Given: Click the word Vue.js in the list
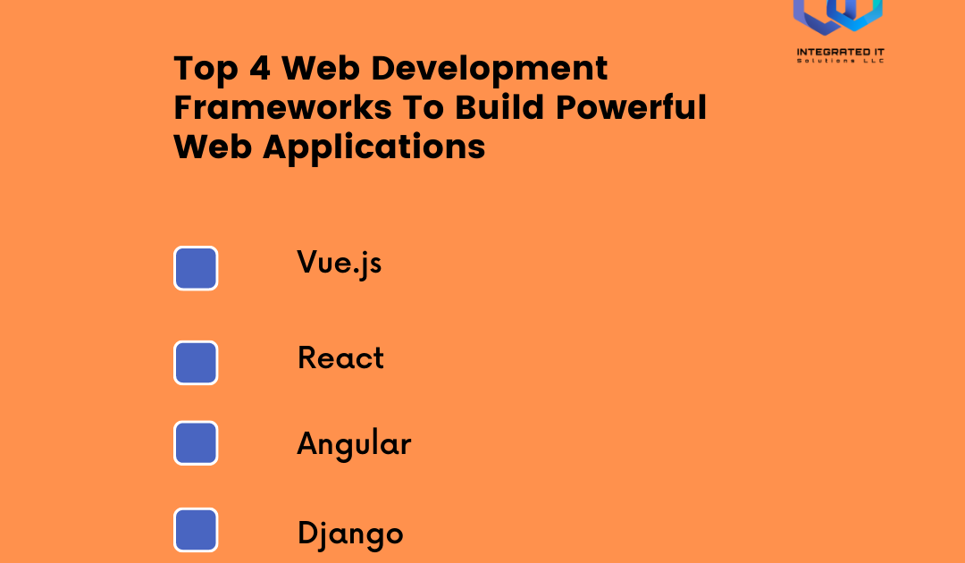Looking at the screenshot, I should click(x=340, y=264).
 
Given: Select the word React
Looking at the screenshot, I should click(x=340, y=358).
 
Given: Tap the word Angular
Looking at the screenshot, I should click(x=354, y=444).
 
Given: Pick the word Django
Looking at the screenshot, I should click(x=350, y=534).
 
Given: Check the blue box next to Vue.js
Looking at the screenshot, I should click(x=196, y=268).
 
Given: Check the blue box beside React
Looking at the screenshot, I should click(x=196, y=363).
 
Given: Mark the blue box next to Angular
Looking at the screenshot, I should click(x=196, y=443).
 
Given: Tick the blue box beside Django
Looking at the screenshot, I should click(x=196, y=530).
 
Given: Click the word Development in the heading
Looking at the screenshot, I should click(x=496, y=69).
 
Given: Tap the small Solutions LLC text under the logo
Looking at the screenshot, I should click(x=839, y=63).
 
